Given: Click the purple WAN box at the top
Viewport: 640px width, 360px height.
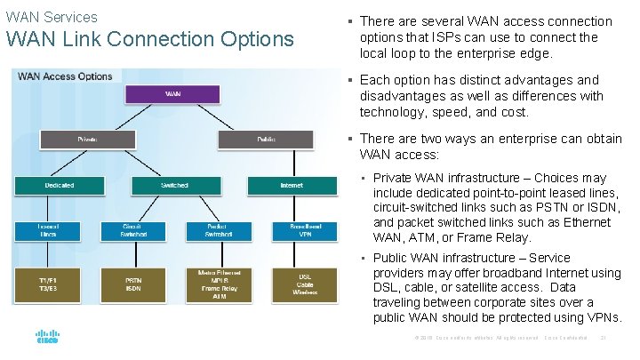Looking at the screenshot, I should click(x=173, y=93).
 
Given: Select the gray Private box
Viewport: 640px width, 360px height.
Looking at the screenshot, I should click(x=88, y=139).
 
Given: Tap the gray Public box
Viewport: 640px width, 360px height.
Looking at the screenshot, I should click(x=266, y=139).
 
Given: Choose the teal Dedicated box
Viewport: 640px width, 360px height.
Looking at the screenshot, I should click(x=60, y=185).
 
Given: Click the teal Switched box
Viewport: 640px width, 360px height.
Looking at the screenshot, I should click(x=174, y=185).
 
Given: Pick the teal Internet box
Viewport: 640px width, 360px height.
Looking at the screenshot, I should click(x=292, y=185).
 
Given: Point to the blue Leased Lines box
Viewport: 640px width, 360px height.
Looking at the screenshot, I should click(x=49, y=231).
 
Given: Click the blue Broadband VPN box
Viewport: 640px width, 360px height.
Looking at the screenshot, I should click(x=305, y=231).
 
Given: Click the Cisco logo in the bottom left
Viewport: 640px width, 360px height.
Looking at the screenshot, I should click(x=47, y=339).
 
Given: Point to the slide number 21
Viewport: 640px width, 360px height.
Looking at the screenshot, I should click(x=604, y=338).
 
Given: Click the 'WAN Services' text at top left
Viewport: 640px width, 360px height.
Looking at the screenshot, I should click(x=52, y=17).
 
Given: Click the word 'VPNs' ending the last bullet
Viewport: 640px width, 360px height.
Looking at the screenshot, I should click(x=601, y=317).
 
